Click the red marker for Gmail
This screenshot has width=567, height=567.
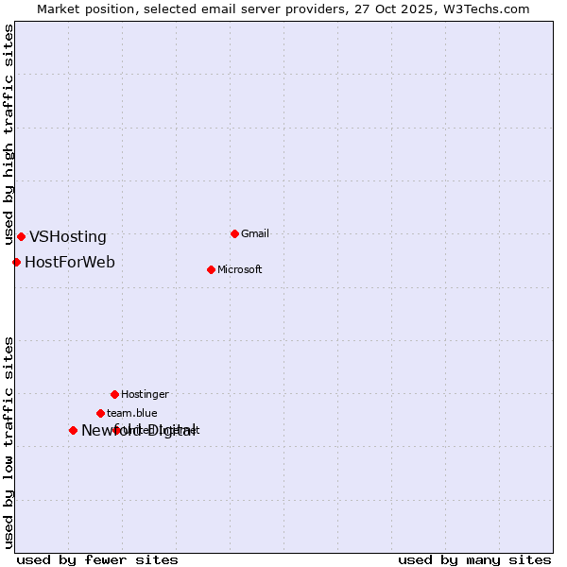coord(234,233)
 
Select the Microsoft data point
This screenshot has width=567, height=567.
coord(211,269)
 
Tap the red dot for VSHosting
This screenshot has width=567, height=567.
coord(21,236)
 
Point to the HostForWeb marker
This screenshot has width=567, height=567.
coord(16,262)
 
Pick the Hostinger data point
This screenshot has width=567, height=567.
coord(114,394)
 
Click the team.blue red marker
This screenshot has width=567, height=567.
coord(100,413)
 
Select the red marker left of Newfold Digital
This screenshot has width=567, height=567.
coord(73,430)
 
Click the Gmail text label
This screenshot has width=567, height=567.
coord(255,233)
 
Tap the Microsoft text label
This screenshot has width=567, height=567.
coord(240,269)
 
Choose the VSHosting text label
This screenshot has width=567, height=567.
coord(68,237)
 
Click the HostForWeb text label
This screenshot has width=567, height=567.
coord(70,262)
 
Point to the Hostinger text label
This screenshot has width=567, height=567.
coord(145,394)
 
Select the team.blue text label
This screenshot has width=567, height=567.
coord(132,413)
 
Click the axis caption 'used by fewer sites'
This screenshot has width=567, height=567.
coord(97,559)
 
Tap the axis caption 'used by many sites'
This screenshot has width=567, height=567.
coord(474,559)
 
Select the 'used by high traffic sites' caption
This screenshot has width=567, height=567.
coord(9,134)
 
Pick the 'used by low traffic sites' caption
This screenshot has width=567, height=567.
coord(9,441)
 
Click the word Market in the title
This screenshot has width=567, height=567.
coord(59,9)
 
